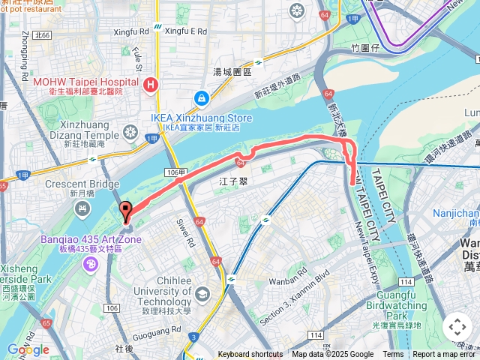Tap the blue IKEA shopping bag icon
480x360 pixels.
pyautogui.click(x=201, y=98)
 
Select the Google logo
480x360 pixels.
pyautogui.click(x=28, y=349)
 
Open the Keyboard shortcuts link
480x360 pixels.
pyautogui.click(x=250, y=355)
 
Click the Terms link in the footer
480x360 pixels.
pyautogui.click(x=393, y=355)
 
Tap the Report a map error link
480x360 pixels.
pyautogui.click(x=445, y=355)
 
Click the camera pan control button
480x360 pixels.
pyautogui.click(x=457, y=327)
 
